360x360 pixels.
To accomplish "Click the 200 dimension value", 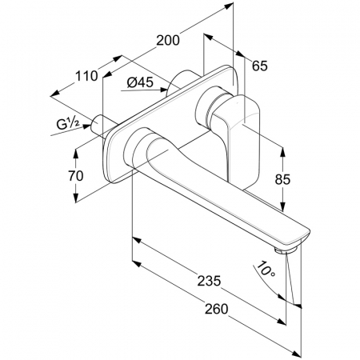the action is click(x=168, y=41).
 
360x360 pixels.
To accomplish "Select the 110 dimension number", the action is click(x=86, y=76).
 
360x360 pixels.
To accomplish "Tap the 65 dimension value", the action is click(x=260, y=66).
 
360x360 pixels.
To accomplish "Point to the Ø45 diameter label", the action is click(x=140, y=82).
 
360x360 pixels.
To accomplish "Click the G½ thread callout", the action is click(x=68, y=124).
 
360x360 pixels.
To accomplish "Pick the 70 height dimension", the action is click(x=76, y=176).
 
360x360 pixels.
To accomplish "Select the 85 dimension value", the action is click(x=282, y=179).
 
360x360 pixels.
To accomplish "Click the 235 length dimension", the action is click(x=209, y=281).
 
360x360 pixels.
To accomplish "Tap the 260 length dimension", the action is click(x=216, y=309).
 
